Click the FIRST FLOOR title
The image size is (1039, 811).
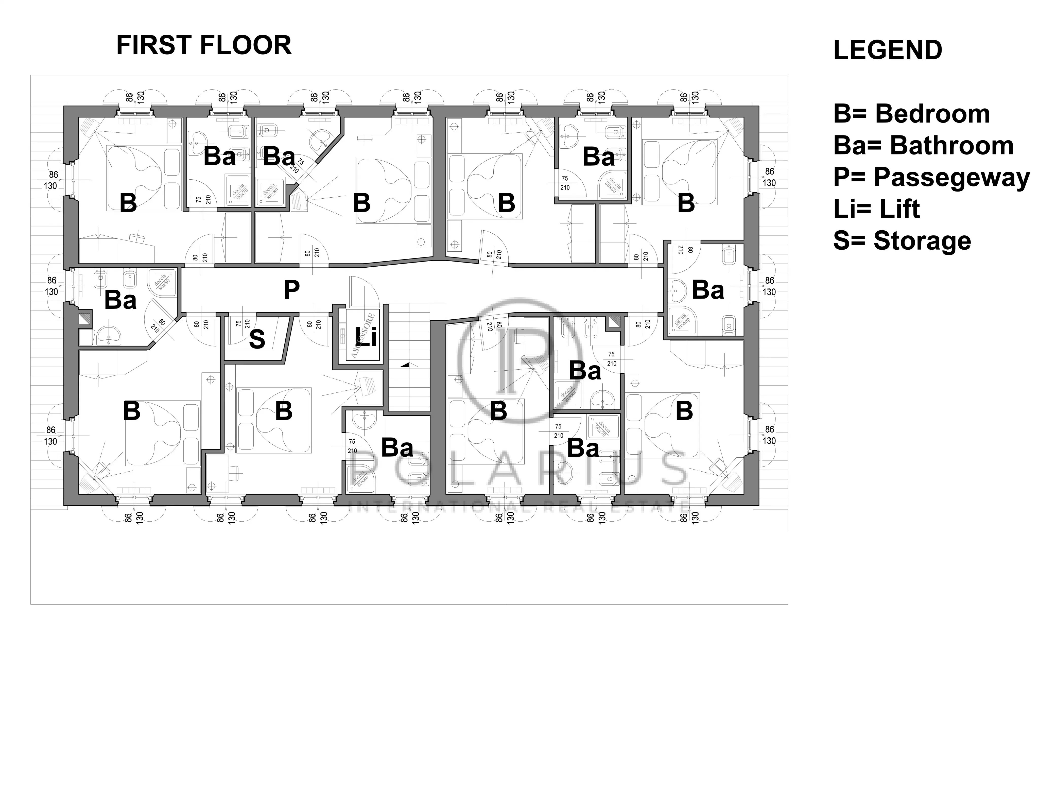pos(204,46)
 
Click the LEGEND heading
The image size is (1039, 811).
pos(887,50)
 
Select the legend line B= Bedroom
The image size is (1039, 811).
pos(911,114)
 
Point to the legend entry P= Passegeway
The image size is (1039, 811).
pos(931,177)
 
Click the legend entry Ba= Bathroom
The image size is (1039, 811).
pos(923,146)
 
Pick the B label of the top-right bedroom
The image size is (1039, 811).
pos(686,203)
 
